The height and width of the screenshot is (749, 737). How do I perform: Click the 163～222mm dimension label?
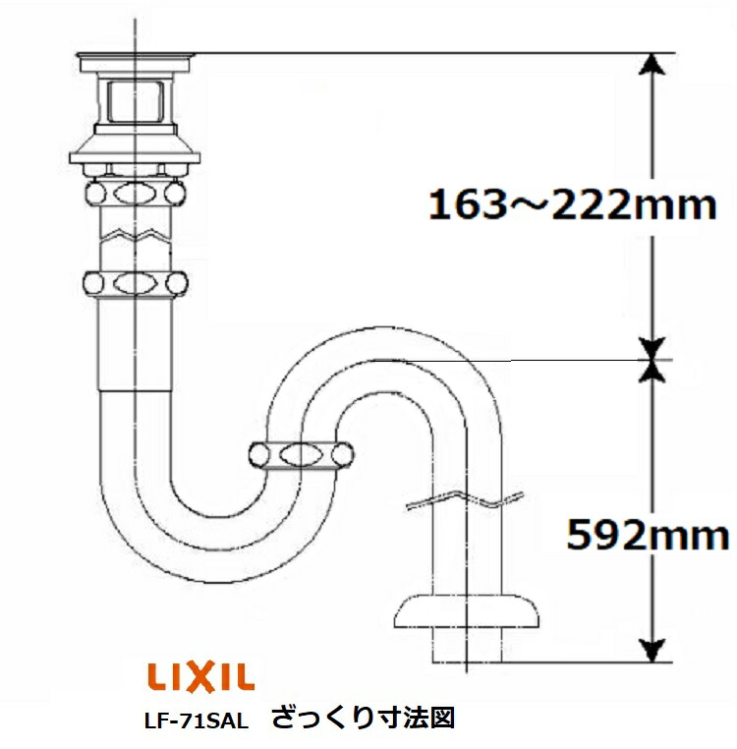click(x=573, y=207)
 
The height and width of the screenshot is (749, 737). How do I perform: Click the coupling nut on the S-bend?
click(x=301, y=455)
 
